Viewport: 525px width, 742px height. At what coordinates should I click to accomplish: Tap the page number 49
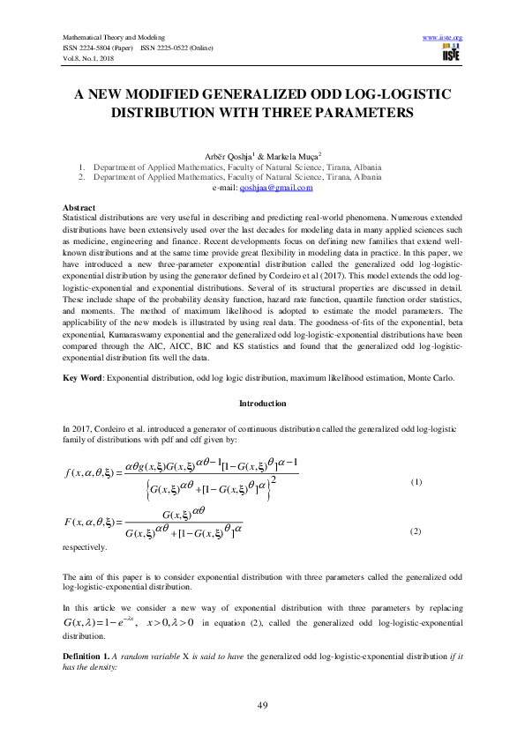pyautogui.click(x=262, y=705)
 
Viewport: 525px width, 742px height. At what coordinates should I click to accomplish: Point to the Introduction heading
pyautogui.click(x=262, y=404)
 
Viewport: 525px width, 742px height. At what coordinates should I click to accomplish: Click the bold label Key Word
pyautogui.click(x=84, y=378)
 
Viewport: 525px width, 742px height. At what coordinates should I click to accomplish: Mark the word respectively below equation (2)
pyautogui.click(x=86, y=547)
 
